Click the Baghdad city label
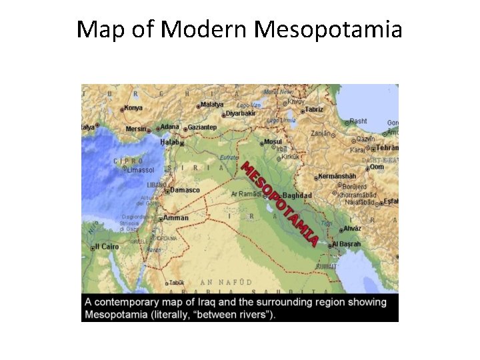pos(298,195)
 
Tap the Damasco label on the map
pos(185,190)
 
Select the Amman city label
pos(176,217)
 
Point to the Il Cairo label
pos(107,246)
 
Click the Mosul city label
pos(273,142)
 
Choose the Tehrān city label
pos(387,148)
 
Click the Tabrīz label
pos(314,109)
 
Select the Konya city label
pos(133,108)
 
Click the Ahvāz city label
pos(352,228)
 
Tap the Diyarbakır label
pos(240,113)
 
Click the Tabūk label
pos(177,281)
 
